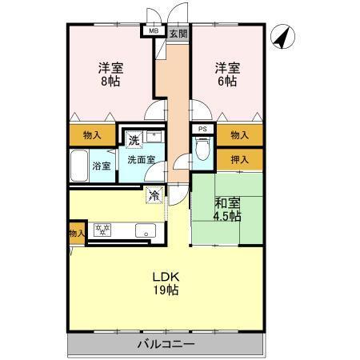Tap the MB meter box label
pyautogui.click(x=151, y=32)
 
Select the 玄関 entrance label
pyautogui.click(x=178, y=34)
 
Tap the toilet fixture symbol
pyautogui.click(x=202, y=150)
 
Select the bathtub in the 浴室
pyautogui.click(x=80, y=166)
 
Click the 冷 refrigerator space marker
pyautogui.click(x=152, y=194)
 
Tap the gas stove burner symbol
pyautogui.click(x=102, y=230)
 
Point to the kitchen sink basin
pyautogui.click(x=144, y=230)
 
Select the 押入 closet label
pyautogui.click(x=238, y=159)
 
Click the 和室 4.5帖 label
pyautogui.click(x=226, y=208)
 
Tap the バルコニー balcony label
pyautogui.click(x=166, y=343)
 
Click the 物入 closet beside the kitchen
pyautogui.click(x=76, y=234)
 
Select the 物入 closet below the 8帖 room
pyautogui.click(x=93, y=135)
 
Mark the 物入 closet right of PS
pyautogui.click(x=238, y=135)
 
